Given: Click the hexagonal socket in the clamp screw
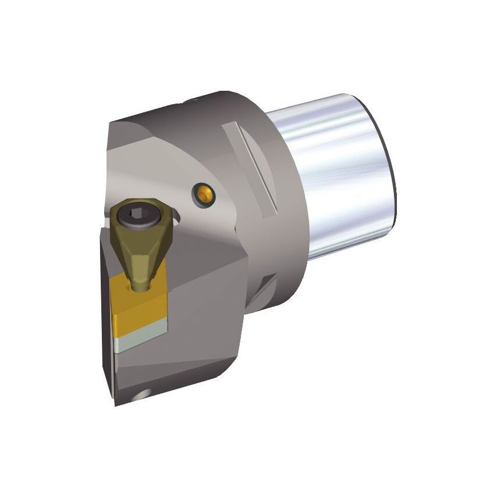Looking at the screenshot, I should (x=138, y=214).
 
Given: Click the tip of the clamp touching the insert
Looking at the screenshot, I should (x=140, y=285).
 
